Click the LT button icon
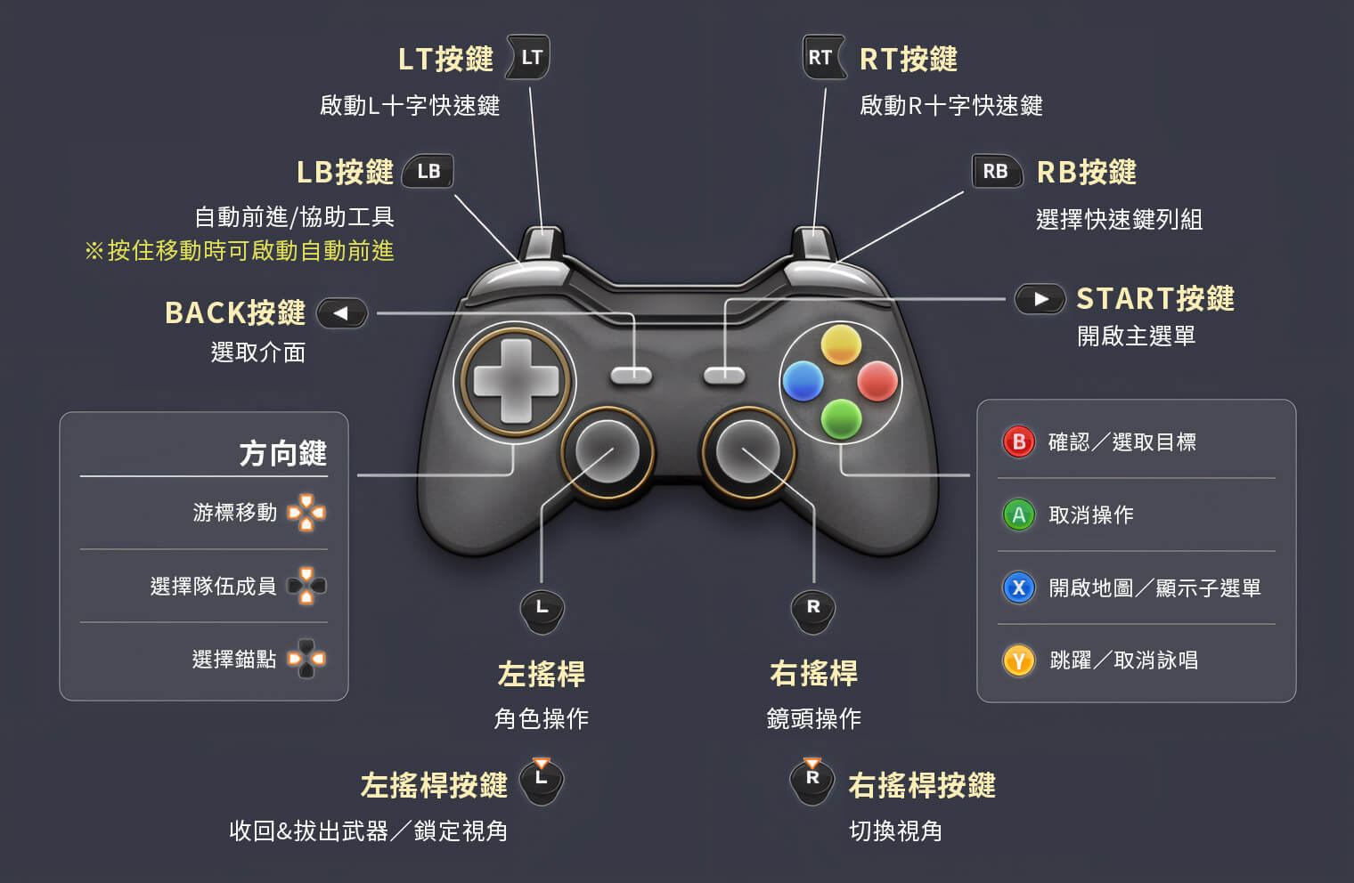point(529,58)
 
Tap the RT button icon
point(823,58)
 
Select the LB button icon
point(428,171)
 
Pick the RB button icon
point(996,171)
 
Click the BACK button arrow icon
point(342,312)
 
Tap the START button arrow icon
point(1040,299)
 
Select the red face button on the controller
point(877,381)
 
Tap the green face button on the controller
point(840,417)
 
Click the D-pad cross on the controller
point(516,381)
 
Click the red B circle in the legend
point(1019,441)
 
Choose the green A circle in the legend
point(1019,514)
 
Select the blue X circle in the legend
point(1019,587)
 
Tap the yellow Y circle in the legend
point(1019,660)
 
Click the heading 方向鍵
point(282,454)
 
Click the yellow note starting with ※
point(239,251)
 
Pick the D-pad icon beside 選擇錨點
point(306,659)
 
